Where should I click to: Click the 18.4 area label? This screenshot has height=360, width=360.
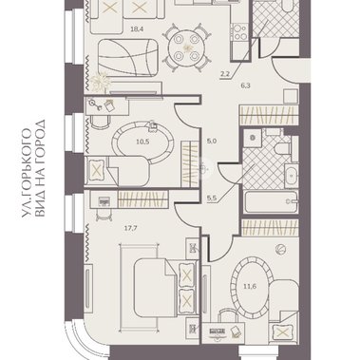(138, 29)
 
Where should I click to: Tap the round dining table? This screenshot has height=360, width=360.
(186, 47)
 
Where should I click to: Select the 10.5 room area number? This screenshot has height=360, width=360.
(142, 142)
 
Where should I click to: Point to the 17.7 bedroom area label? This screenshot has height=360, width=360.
(131, 227)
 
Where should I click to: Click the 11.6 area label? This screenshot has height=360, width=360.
(250, 287)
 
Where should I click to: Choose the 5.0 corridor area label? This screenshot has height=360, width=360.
(212, 142)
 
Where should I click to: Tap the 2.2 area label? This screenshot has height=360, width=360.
(225, 75)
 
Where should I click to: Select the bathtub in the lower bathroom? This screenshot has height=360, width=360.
(272, 202)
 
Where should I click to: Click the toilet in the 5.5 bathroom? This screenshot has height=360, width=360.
(282, 147)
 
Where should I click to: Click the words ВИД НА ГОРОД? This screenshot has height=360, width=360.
(40, 168)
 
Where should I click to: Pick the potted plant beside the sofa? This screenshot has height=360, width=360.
(101, 82)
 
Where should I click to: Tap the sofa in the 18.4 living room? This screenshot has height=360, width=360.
(128, 58)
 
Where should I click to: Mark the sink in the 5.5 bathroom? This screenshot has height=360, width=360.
(292, 175)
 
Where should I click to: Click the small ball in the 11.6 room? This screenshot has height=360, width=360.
(281, 249)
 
